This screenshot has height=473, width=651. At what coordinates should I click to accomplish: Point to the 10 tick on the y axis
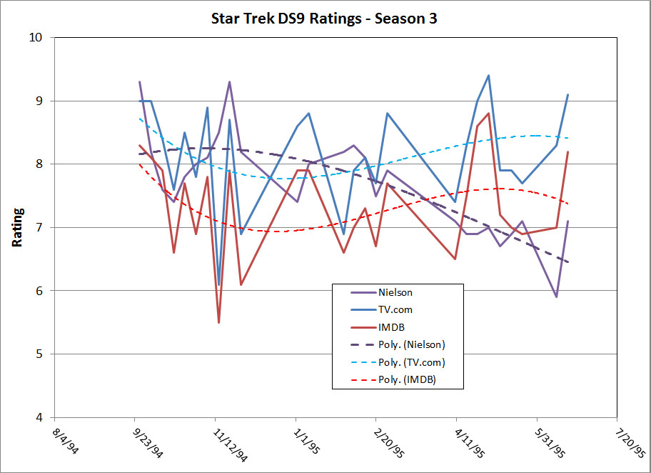(x=41, y=38)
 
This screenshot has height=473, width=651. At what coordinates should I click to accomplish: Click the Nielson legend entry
(x=393, y=292)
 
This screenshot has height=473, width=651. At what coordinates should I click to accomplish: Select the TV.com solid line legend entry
(x=393, y=310)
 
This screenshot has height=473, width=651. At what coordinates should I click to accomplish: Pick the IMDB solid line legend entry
(x=388, y=327)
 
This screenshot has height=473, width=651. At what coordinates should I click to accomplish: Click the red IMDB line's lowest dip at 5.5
(x=218, y=322)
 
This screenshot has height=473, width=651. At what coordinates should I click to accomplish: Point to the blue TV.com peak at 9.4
(x=488, y=76)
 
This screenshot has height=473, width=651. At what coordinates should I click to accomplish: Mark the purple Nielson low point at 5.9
(x=556, y=297)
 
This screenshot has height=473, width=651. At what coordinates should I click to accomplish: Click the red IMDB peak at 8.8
(x=488, y=114)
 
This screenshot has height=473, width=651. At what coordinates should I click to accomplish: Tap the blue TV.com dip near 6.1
(x=218, y=284)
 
